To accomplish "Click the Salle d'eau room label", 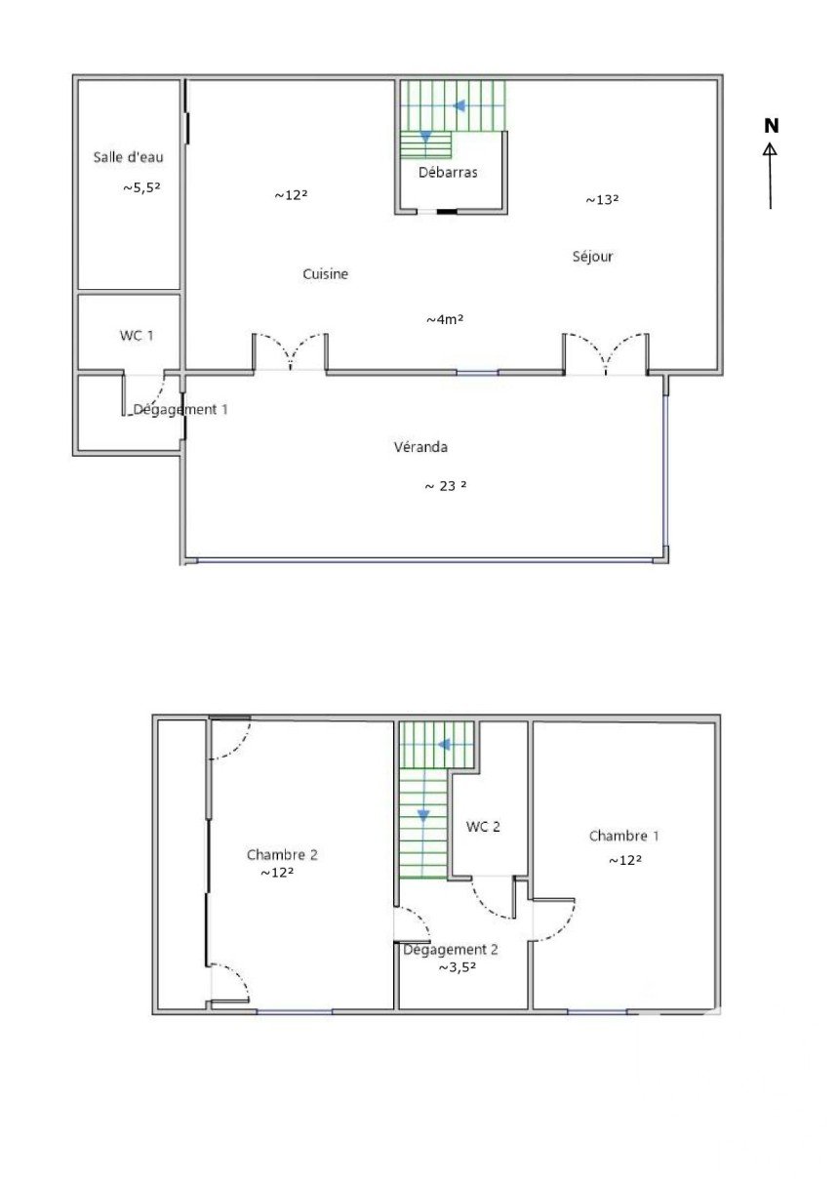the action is pyautogui.click(x=128, y=157).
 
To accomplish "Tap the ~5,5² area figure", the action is pyautogui.click(x=141, y=187).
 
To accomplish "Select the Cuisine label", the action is pyautogui.click(x=325, y=274).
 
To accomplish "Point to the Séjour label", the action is pyautogui.click(x=593, y=257).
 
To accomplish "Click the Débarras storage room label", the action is pyautogui.click(x=448, y=172).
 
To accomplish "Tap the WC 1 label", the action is pyautogui.click(x=137, y=336).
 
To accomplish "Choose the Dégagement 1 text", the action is pyautogui.click(x=180, y=410).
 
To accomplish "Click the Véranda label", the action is pyautogui.click(x=420, y=447).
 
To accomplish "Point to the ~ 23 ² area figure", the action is pyautogui.click(x=446, y=486).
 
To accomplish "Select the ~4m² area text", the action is pyautogui.click(x=446, y=319).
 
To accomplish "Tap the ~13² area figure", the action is pyautogui.click(x=602, y=200).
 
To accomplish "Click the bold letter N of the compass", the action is pyautogui.click(x=772, y=126).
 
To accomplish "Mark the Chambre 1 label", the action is pyautogui.click(x=624, y=836).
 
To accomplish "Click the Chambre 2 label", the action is pyautogui.click(x=282, y=854).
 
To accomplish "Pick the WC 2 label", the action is pyautogui.click(x=483, y=826).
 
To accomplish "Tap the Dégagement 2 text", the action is pyautogui.click(x=451, y=950).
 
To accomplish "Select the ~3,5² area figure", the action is pyautogui.click(x=458, y=967).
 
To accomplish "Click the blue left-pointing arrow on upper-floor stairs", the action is pyautogui.click(x=444, y=745).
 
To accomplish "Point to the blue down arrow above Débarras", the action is pyautogui.click(x=425, y=138).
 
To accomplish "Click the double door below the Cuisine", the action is pyautogui.click(x=290, y=353).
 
